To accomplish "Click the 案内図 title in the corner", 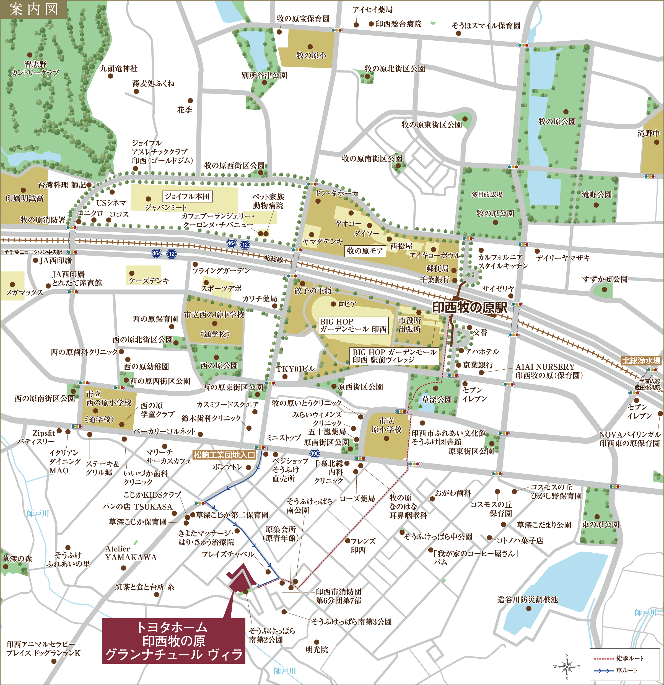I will pyautogui.click(x=33, y=9).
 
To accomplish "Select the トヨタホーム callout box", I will pyautogui.click(x=174, y=641).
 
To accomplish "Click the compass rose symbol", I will pyautogui.click(x=567, y=667).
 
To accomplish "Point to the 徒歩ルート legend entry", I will pyautogui.click(x=619, y=658).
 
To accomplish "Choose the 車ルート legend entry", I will pyautogui.click(x=619, y=670).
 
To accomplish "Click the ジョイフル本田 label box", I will pyautogui.click(x=187, y=196).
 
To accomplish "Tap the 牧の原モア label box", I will pyautogui.click(x=365, y=251).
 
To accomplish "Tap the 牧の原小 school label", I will pyautogui.click(x=311, y=55).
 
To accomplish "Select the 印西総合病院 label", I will pyautogui.click(x=398, y=24).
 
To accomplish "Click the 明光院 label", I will pyautogui.click(x=317, y=649).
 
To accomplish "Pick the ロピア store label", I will pyautogui.click(x=347, y=304).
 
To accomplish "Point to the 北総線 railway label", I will pyautogui.click(x=273, y=259).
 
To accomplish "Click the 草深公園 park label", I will pyautogui.click(x=437, y=399).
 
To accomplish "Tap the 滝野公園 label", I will pyautogui.click(x=596, y=195).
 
